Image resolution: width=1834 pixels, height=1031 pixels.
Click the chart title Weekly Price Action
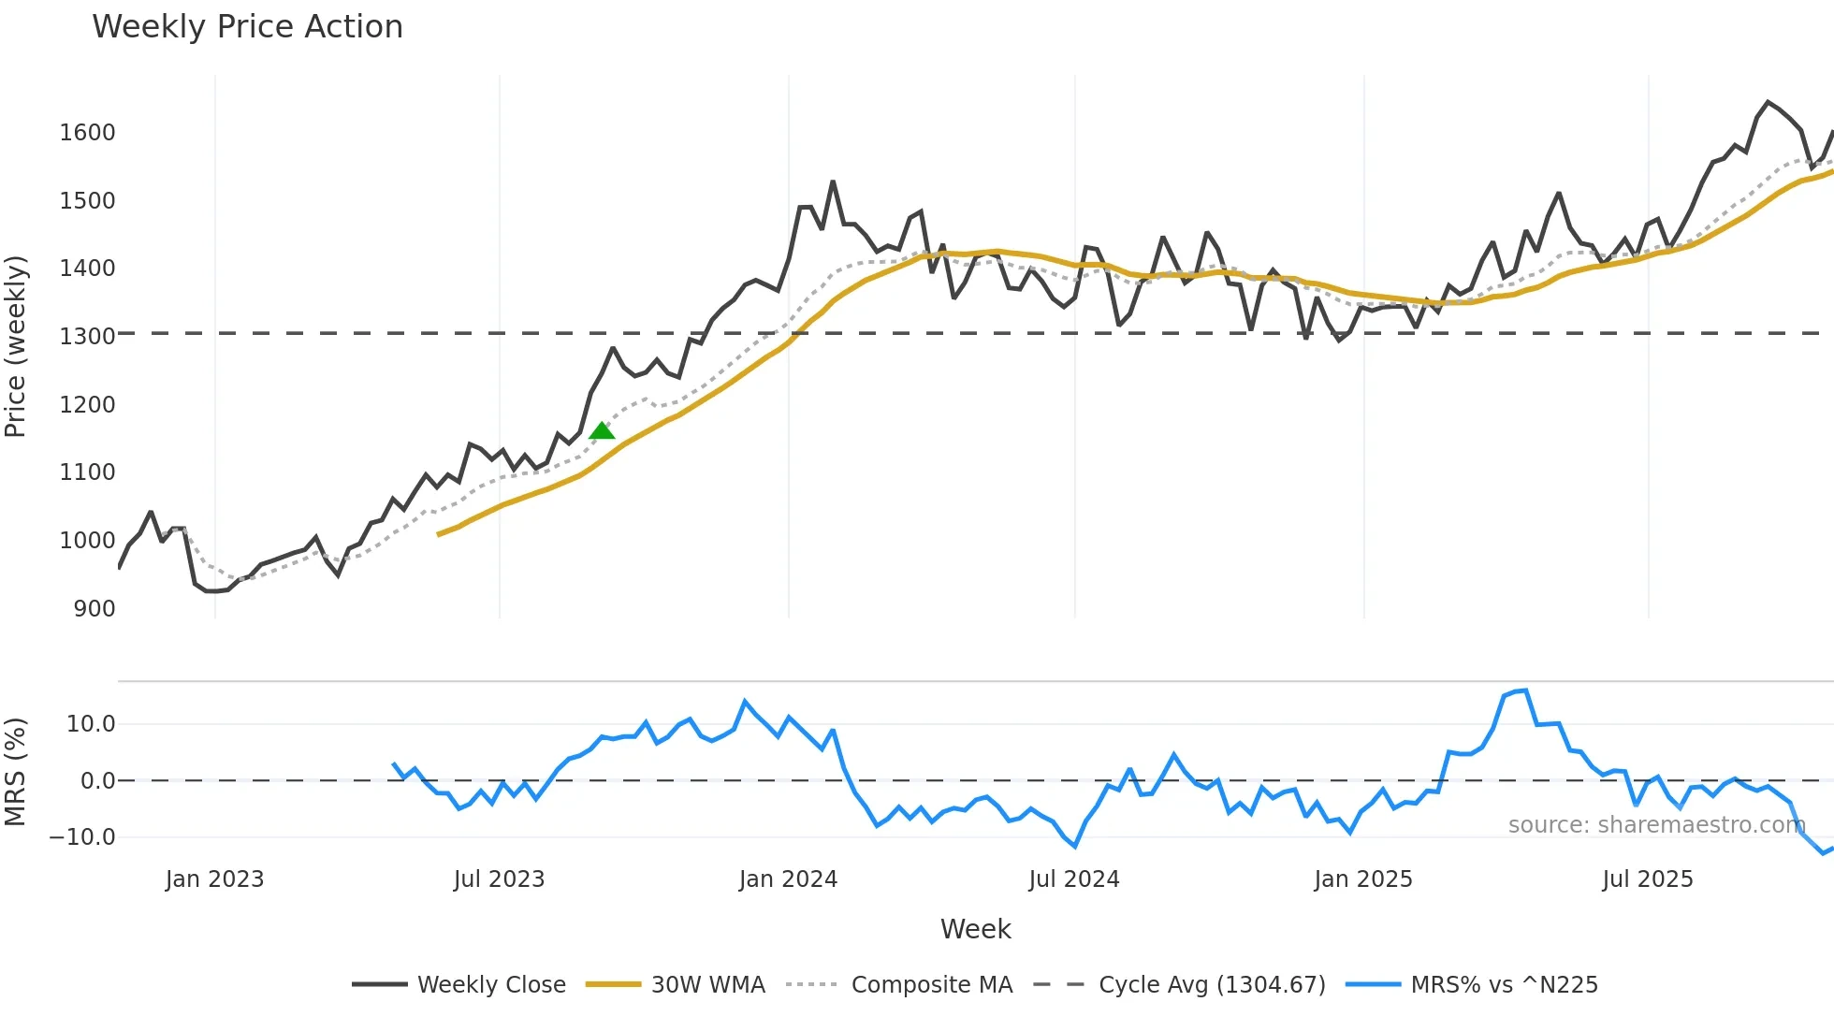point(247,27)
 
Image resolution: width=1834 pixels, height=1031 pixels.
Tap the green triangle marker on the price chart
point(602,430)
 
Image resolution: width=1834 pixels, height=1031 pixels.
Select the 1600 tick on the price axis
point(88,133)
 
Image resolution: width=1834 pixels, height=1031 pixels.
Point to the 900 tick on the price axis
point(95,609)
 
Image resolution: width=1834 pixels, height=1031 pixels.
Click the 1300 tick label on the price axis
point(88,337)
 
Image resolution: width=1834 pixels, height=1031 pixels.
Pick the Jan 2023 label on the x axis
point(214,879)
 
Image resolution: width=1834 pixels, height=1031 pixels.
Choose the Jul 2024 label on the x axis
point(1073,879)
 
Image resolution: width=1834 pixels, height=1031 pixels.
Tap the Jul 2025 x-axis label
point(1647,879)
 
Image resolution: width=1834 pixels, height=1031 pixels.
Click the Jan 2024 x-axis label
point(788,879)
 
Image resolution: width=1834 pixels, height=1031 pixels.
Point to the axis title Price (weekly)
point(16,346)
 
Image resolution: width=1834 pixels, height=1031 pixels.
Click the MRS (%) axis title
point(16,772)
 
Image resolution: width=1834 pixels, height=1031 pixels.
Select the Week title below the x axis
point(975,929)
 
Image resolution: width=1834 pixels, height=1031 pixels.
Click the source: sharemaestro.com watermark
point(1656,825)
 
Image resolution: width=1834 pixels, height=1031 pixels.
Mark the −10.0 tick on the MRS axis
point(82,837)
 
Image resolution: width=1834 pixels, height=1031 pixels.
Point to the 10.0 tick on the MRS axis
point(91,724)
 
